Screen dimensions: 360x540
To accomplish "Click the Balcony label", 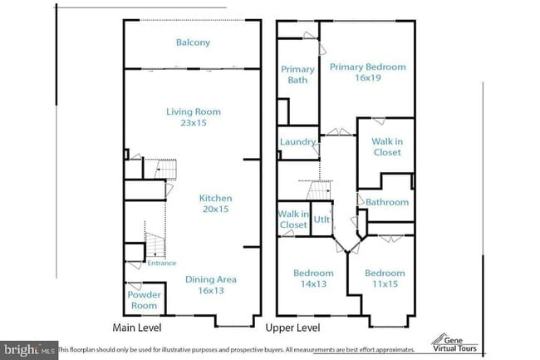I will coord(193,42).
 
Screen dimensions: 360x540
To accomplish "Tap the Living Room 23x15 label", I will coord(193,117).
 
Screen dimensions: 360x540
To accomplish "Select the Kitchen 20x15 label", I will coord(214,204).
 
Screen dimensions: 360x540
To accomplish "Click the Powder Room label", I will coord(142,299).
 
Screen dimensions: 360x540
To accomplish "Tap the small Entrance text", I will coord(162,264).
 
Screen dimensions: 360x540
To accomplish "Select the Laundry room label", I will coord(297,142).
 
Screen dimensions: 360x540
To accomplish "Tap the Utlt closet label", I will coord(322,220).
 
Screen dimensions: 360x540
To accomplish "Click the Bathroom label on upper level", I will coord(388,202).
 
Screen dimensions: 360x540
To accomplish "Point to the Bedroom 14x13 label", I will coord(313,279).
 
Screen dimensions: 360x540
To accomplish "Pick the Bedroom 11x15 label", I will coord(385,279).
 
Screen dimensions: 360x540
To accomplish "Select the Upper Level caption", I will coord(292,328).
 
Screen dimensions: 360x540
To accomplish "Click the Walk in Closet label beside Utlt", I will coord(292,219).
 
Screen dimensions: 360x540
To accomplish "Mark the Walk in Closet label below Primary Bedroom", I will coord(386,147).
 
